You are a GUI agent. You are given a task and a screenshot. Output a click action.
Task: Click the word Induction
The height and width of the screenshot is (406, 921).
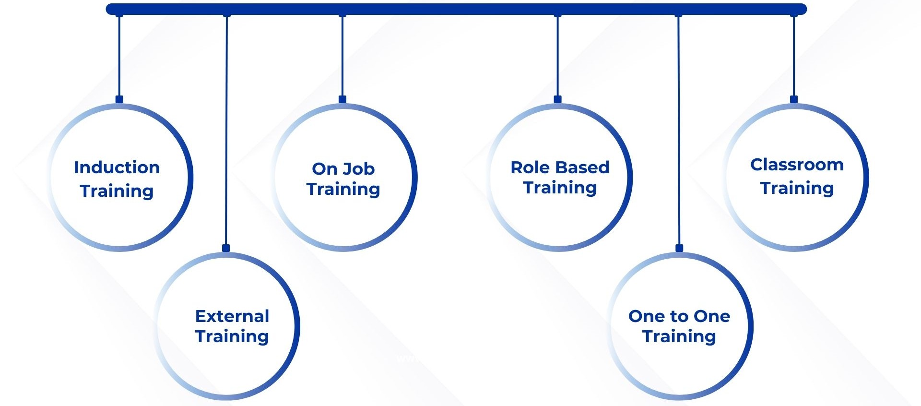coord(117,167)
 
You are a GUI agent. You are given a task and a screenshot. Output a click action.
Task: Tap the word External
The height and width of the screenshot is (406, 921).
coord(232,316)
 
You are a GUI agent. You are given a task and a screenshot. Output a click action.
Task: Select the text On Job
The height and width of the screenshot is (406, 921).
coord(343,169)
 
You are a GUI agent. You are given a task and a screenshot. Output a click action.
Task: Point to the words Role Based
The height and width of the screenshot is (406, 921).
coord(560,167)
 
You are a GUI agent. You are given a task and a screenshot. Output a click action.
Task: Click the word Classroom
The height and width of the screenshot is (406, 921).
coord(797,165)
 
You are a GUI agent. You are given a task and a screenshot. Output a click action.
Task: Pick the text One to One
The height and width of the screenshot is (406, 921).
coord(679,316)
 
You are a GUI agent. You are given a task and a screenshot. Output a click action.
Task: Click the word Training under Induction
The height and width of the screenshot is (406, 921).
coord(117,191)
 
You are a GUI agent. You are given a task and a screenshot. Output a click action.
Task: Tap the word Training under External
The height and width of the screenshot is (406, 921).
coord(232,337)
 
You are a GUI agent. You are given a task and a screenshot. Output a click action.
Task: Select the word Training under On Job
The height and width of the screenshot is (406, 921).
coord(343,190)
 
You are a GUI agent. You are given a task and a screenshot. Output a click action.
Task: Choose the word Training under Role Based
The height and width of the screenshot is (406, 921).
coord(560,188)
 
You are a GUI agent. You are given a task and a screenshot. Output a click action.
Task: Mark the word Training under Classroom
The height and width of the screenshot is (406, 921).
coord(797,189)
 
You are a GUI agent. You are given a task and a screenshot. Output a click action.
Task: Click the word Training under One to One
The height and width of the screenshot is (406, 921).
coord(679,337)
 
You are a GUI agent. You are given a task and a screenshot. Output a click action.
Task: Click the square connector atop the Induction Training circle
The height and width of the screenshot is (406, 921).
coord(119,99)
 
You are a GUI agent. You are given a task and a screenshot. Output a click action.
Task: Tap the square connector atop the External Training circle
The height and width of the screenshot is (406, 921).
coord(226,248)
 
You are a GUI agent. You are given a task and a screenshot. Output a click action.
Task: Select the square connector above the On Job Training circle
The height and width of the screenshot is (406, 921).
coord(342,99)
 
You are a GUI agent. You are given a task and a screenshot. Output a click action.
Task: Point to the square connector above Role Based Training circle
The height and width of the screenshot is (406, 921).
coord(557,99)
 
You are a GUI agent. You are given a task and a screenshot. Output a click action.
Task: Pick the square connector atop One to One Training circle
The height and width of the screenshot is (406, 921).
coord(679,248)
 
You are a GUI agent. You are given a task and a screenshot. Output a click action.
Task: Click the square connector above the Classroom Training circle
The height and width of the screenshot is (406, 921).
coord(794,99)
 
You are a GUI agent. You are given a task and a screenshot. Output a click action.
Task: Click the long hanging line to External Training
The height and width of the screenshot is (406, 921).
coord(226,130)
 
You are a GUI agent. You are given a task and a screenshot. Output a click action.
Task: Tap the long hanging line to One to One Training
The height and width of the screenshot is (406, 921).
coord(679,130)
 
